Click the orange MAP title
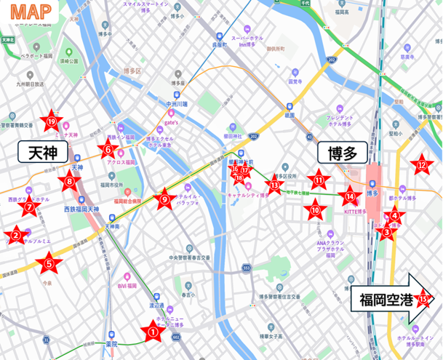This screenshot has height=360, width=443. pos(34,12)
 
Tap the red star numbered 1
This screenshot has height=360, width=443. pos(153,332)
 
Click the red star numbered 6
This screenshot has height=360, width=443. pos(108,151)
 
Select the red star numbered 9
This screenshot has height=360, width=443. pos(164,199)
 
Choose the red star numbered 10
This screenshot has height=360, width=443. pos(315,210)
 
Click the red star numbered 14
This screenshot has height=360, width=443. pos(351,196)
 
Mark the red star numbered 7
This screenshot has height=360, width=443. pos(30,208)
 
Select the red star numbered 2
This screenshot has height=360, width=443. pos(14,235)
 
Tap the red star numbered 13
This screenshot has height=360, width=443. pos(274,185)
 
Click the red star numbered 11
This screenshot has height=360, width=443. pos(318,179)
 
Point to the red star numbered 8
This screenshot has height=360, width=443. pos(70,182)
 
